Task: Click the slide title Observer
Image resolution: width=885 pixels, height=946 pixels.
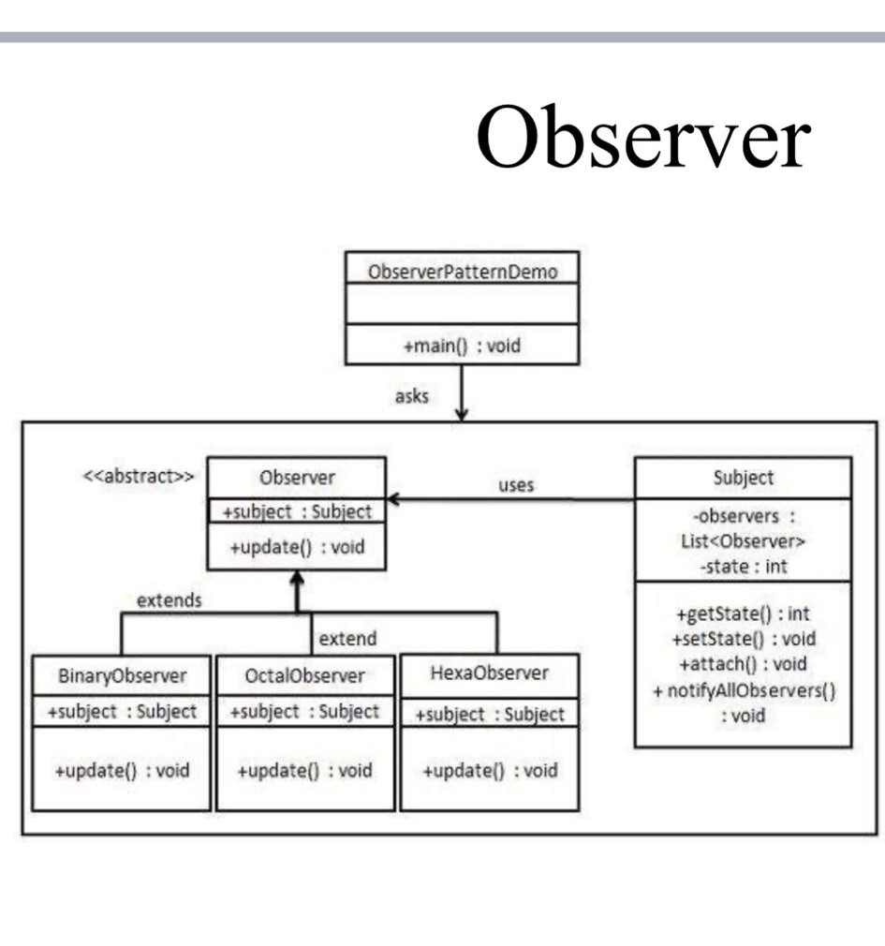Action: (642, 137)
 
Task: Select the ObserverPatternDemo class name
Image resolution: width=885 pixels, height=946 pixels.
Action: (462, 273)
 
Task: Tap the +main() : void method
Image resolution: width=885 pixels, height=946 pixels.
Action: (462, 346)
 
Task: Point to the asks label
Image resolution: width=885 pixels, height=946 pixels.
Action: (411, 396)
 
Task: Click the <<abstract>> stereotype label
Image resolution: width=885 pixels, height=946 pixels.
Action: (139, 476)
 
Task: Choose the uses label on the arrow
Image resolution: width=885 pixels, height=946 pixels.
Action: (516, 485)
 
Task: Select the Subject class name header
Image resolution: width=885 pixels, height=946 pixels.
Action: (743, 478)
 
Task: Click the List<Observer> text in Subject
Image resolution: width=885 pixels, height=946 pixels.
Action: (743, 541)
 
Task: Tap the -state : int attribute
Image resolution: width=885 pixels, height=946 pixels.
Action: (743, 567)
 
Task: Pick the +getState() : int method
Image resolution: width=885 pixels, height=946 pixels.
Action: (743, 614)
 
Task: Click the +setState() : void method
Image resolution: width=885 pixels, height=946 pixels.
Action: (743, 640)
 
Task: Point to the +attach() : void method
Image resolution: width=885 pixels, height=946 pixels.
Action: (743, 665)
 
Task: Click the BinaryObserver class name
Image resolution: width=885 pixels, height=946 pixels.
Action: (122, 675)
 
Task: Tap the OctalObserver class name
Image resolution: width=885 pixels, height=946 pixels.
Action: (305, 675)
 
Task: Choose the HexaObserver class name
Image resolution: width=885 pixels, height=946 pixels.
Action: (489, 673)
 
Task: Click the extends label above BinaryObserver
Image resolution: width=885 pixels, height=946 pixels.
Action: (169, 601)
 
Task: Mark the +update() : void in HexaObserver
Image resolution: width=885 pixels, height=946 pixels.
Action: (489, 771)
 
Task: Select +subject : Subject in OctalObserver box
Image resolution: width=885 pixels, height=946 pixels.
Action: (305, 712)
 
